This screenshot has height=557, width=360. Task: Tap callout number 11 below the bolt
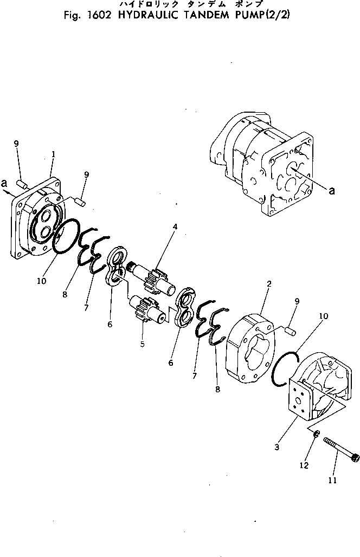332,480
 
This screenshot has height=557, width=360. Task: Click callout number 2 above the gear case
269,284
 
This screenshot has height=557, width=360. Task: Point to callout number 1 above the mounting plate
53,154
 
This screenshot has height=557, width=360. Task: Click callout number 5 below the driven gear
142,344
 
